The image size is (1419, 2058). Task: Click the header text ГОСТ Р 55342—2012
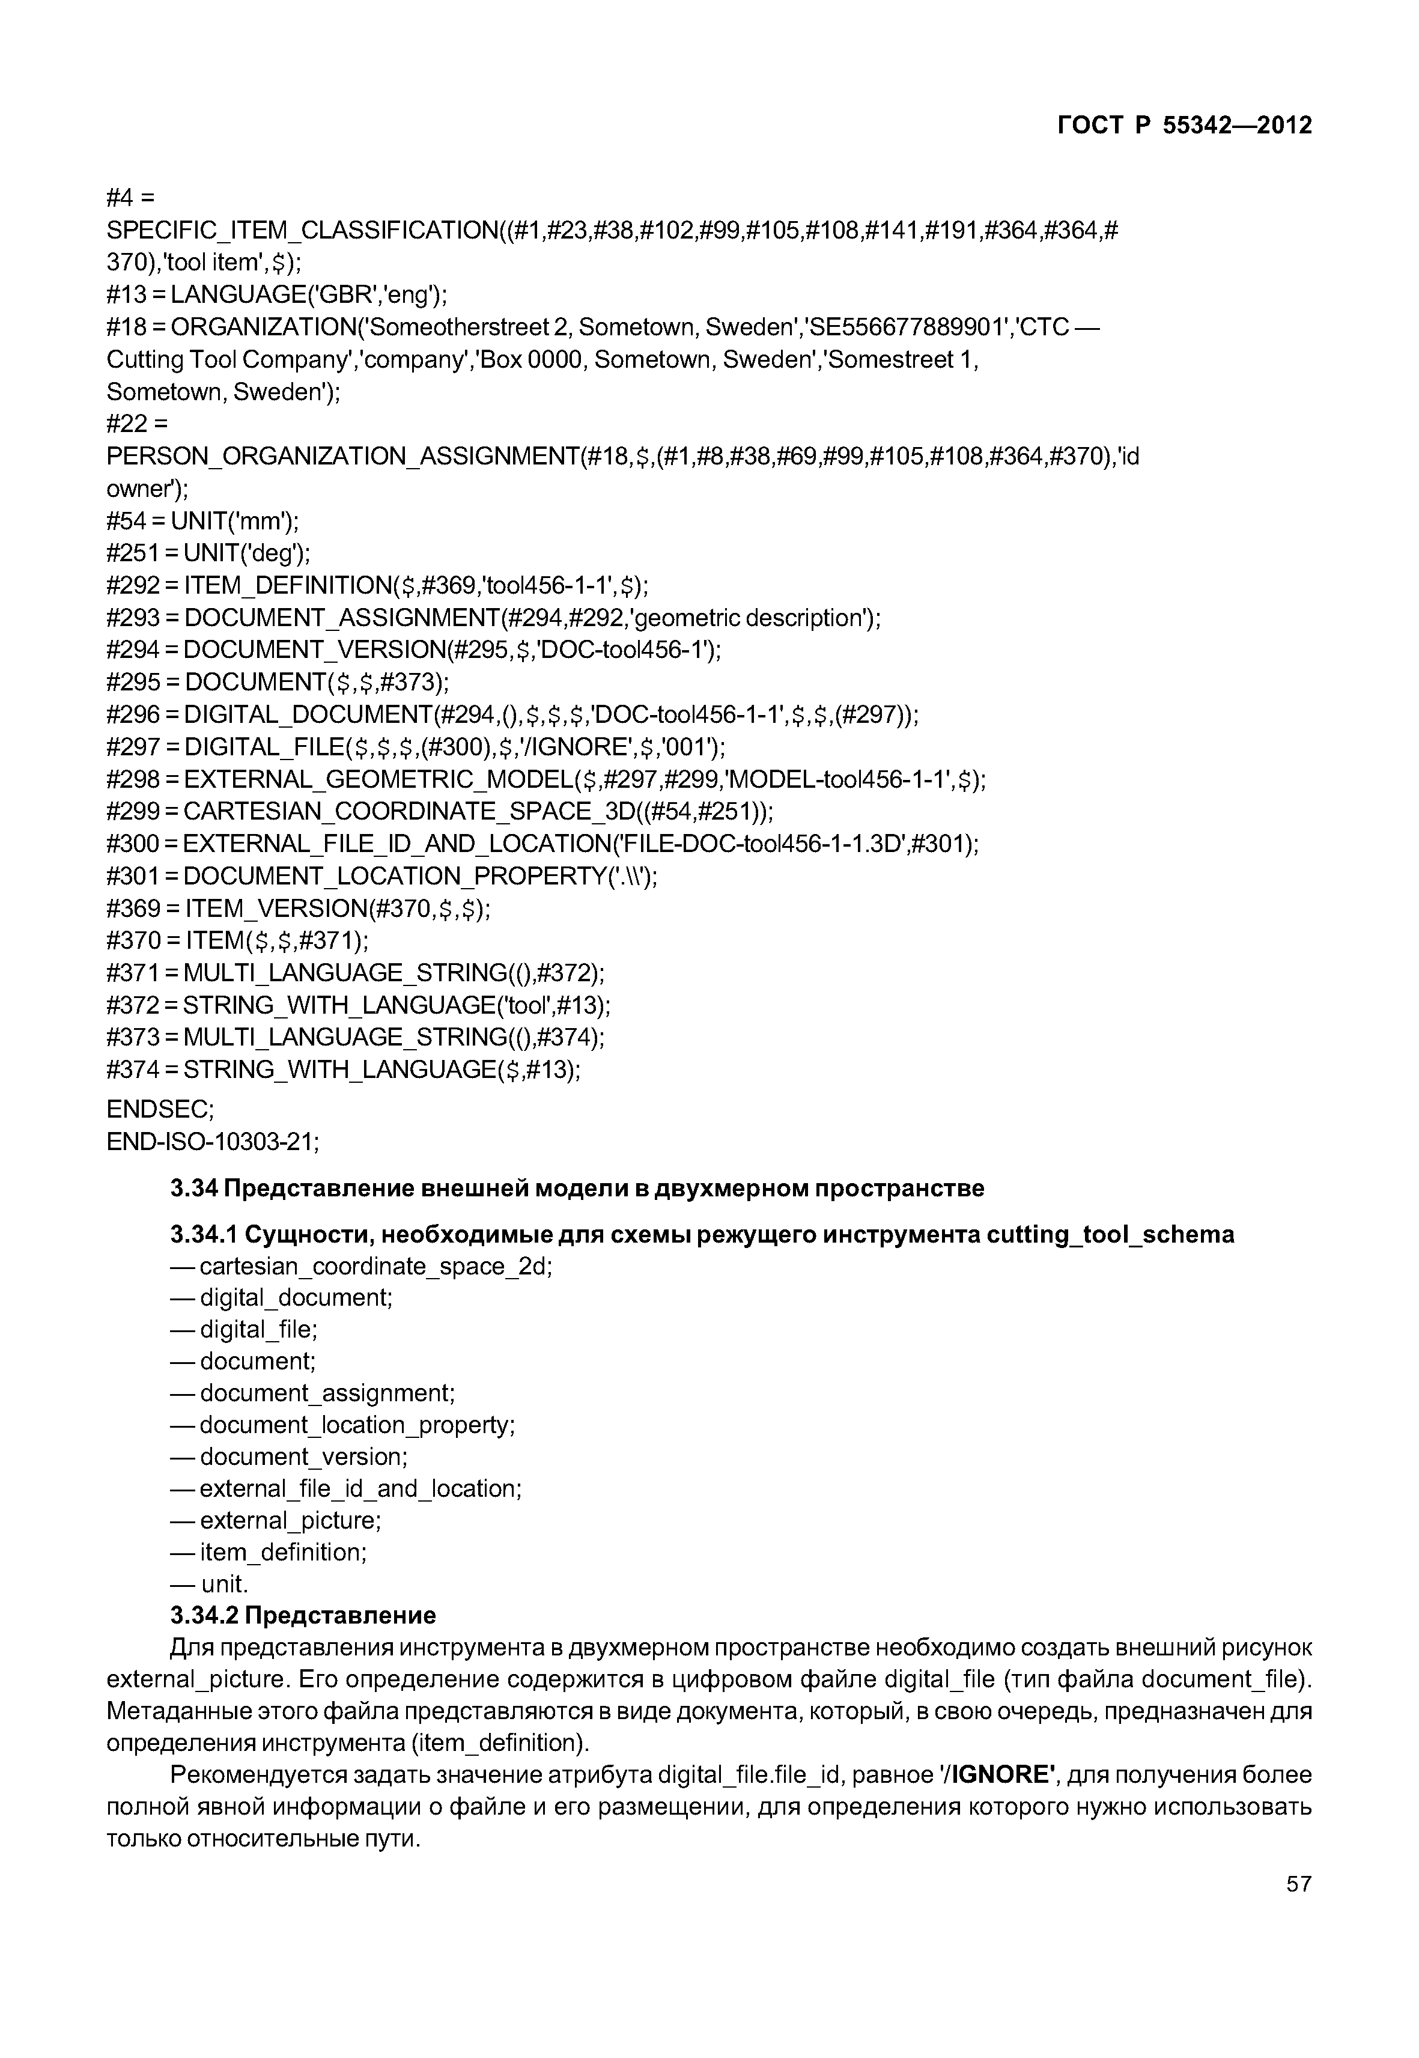1184,126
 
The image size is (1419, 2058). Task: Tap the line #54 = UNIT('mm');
202,521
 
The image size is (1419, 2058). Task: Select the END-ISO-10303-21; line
213,1141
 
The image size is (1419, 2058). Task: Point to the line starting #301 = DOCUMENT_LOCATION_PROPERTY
381,876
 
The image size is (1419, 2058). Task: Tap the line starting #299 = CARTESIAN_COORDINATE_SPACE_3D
439,811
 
